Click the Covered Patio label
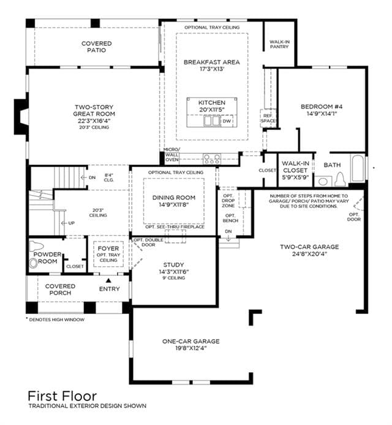tap(97, 47)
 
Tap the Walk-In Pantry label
tap(279, 44)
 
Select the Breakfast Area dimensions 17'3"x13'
tap(212, 69)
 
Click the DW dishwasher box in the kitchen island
tap(227, 121)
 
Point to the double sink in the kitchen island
tap(212, 121)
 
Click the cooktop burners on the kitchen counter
tap(212, 159)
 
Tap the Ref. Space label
tap(268, 118)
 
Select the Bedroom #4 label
tap(322, 107)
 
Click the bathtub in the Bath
tap(358, 168)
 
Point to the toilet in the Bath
tap(340, 179)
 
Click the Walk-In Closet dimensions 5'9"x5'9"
tap(295, 177)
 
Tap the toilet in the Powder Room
tap(34, 263)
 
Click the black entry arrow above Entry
tap(108, 280)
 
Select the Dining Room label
tap(174, 197)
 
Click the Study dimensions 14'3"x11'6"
tap(174, 272)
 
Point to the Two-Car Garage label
tap(309, 247)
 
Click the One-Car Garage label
tap(191, 341)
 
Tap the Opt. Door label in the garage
tap(354, 217)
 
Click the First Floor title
tap(62, 396)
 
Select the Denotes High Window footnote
tap(55, 320)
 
